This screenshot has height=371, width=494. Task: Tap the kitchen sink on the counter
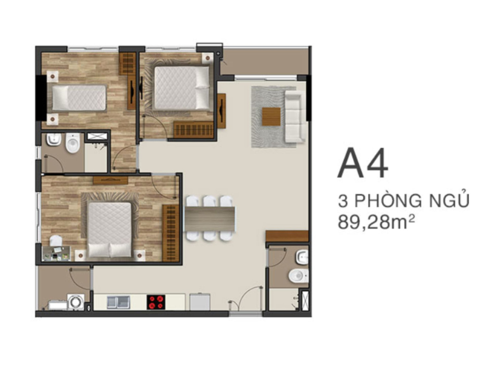click(x=118, y=302)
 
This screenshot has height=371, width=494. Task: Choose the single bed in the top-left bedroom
click(x=79, y=98)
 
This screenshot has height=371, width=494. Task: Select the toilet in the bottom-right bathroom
click(x=298, y=276)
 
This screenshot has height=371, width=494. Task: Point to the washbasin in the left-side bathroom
click(x=54, y=139)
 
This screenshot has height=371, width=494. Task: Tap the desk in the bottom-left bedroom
click(x=57, y=253)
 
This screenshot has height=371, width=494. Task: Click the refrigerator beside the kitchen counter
click(x=200, y=302)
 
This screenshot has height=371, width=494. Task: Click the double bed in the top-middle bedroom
click(x=181, y=88)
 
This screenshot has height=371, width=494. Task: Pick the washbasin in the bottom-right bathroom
click(x=302, y=257)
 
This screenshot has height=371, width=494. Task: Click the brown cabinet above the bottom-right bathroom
click(x=287, y=236)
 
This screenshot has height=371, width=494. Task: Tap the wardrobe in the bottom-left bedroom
click(x=171, y=233)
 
